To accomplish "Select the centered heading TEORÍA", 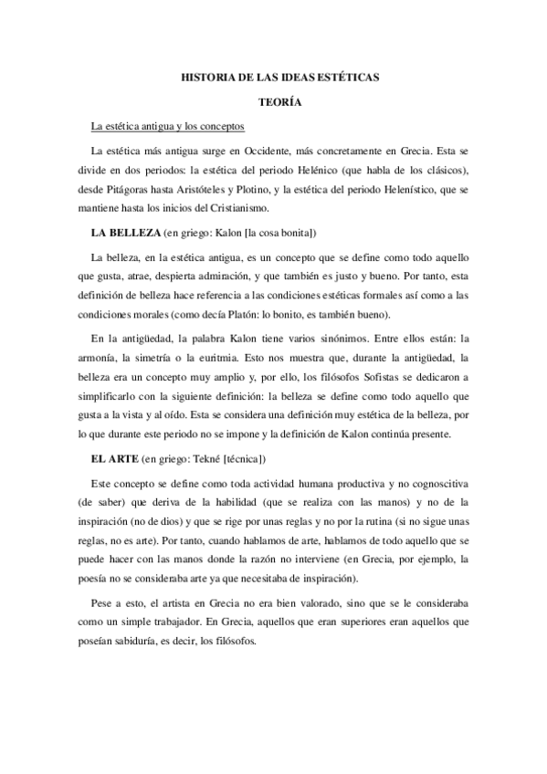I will click(x=273, y=103).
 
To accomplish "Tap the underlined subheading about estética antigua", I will click(x=161, y=125).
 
